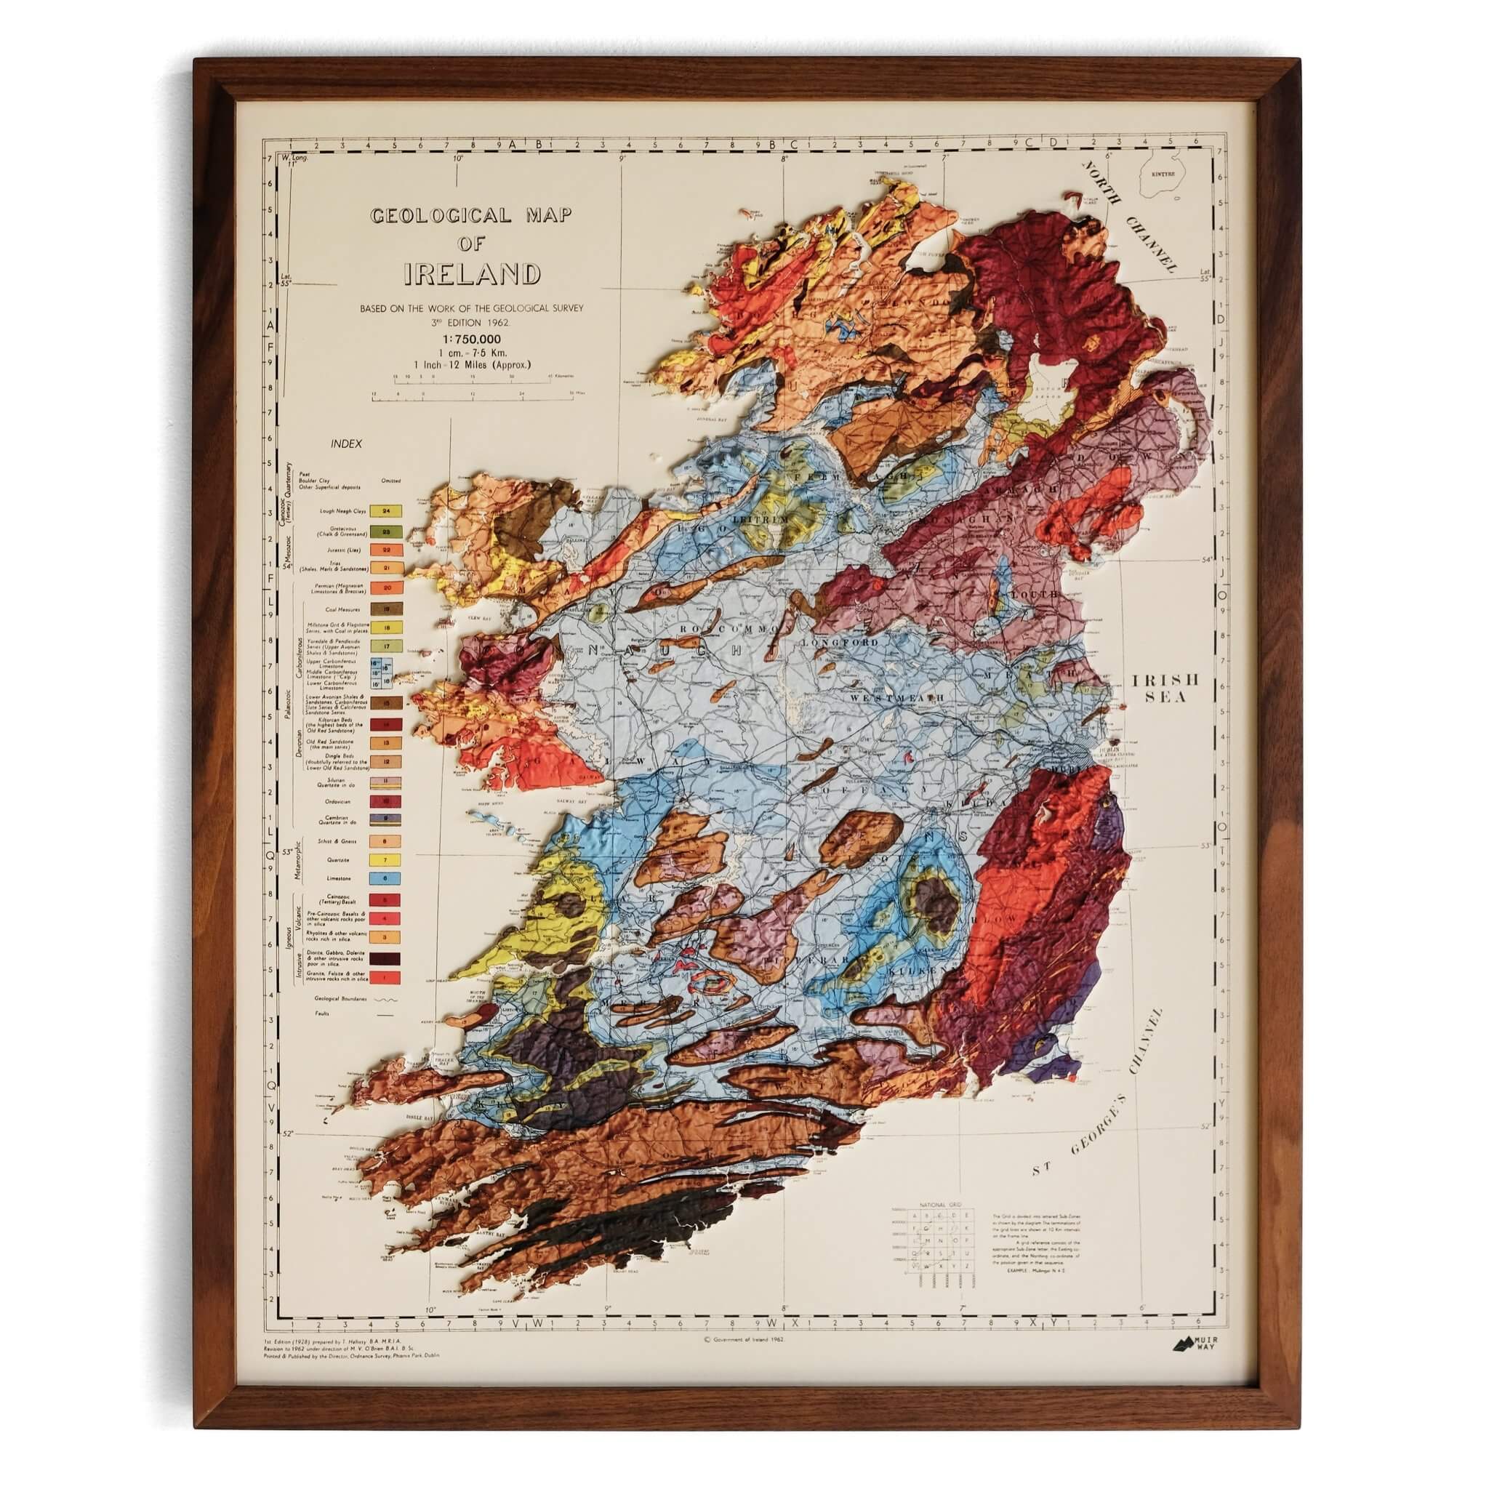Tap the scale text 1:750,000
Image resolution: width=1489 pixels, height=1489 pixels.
[472, 338]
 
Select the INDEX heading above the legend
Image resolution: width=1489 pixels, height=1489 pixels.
[346, 444]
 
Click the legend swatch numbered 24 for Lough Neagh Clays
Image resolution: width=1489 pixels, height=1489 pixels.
[388, 511]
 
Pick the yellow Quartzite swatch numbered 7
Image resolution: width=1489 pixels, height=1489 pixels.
[388, 859]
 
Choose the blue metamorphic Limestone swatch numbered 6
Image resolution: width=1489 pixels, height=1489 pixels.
[388, 878]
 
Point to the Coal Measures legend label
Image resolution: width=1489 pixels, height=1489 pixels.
[343, 609]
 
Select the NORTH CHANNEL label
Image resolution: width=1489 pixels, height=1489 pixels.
[1131, 219]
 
